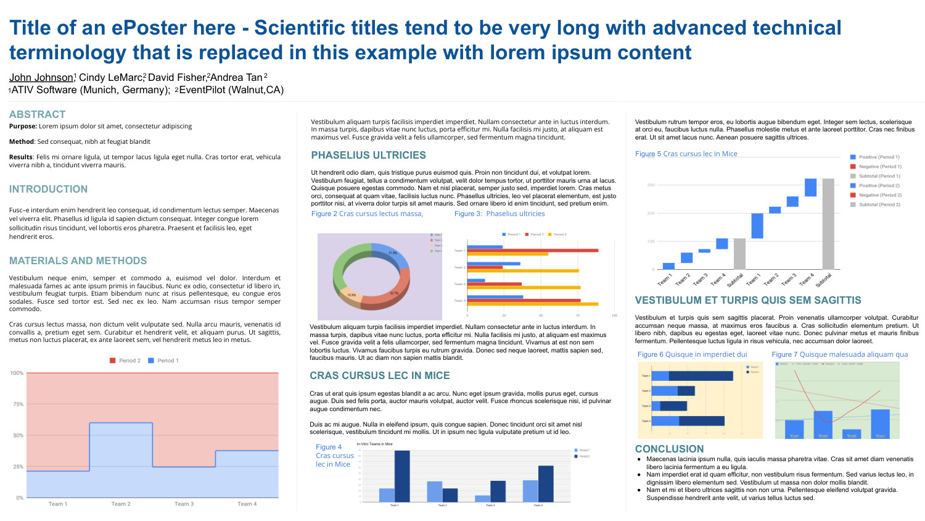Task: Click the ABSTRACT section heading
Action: (37, 114)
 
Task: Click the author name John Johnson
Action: (41, 77)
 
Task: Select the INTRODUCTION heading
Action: (48, 189)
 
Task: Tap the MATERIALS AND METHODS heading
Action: (78, 260)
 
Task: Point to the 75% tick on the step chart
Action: (17, 404)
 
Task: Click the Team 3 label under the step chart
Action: (184, 504)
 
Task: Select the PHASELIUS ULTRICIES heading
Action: (368, 155)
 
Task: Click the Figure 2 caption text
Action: (367, 214)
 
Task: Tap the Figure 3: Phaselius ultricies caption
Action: (499, 214)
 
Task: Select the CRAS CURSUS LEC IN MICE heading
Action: (379, 375)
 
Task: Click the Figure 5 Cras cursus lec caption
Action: (686, 154)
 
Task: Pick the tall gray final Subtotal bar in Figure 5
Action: (828, 223)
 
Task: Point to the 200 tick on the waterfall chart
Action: (651, 213)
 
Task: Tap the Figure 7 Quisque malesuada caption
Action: (839, 354)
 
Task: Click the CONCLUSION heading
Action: (669, 449)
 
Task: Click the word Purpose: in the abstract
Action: (23, 126)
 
